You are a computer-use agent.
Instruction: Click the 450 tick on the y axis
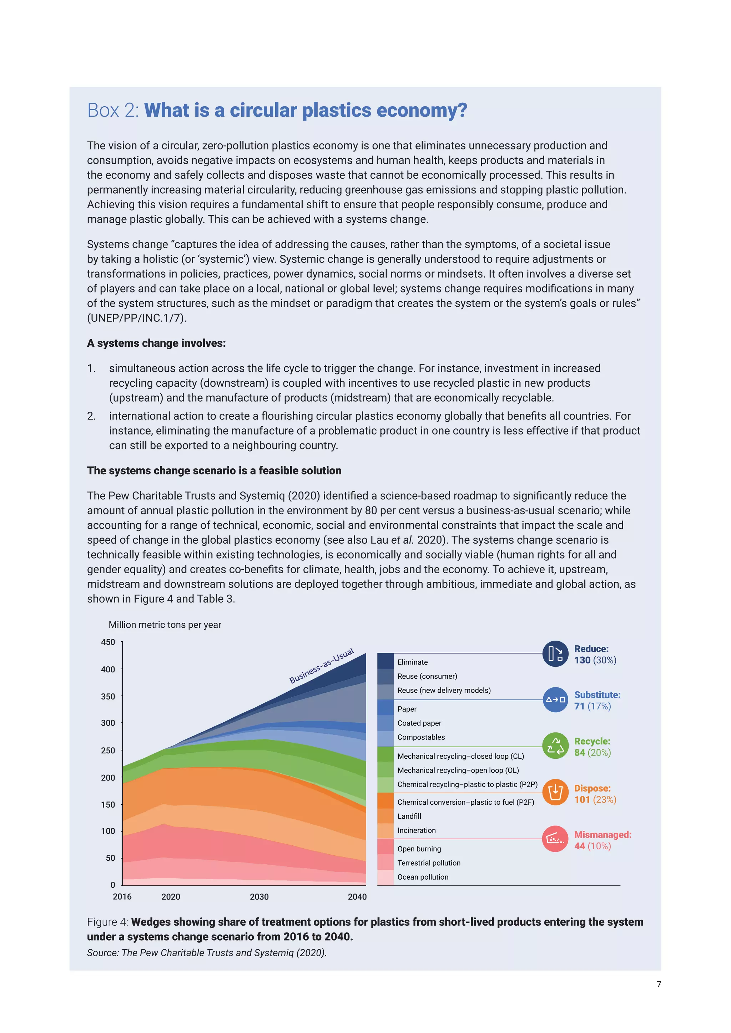[108, 642]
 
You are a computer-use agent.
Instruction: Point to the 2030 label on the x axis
[259, 897]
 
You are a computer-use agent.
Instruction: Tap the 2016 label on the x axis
[122, 897]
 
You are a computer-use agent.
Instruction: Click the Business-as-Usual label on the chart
[321, 666]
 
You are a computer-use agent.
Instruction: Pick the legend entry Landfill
[409, 816]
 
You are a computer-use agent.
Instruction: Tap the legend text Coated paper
[419, 723]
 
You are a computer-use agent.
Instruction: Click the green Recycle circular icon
[555, 746]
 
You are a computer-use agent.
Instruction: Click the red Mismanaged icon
[555, 839]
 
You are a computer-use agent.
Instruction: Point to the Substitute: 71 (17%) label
[597, 701]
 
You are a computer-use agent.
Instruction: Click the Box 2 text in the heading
[113, 110]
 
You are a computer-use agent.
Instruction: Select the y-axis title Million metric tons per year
[165, 625]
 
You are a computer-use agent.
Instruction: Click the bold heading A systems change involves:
[156, 343]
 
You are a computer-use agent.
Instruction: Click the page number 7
[659, 984]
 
